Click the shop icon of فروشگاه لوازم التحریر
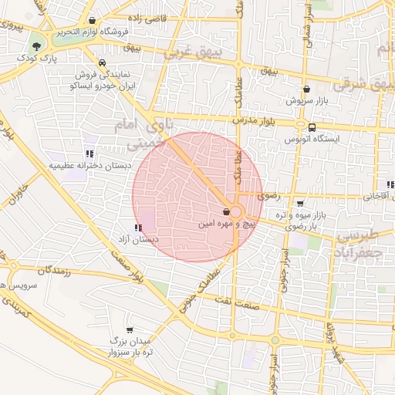point(93,21)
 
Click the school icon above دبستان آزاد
point(137,228)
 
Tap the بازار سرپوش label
point(308,100)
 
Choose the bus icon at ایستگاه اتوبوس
point(311,127)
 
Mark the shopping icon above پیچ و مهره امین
point(225,211)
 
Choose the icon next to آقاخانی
point(390,184)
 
